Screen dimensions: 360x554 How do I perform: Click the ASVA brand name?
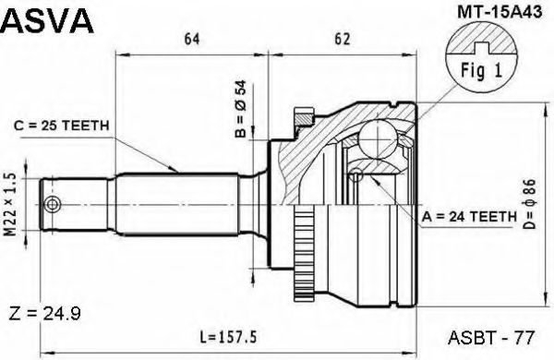pyautogui.click(x=48, y=19)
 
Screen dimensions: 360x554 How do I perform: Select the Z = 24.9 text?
pyautogui.click(x=42, y=315)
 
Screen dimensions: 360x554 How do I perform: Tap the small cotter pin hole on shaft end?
pyautogui.click(x=53, y=203)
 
